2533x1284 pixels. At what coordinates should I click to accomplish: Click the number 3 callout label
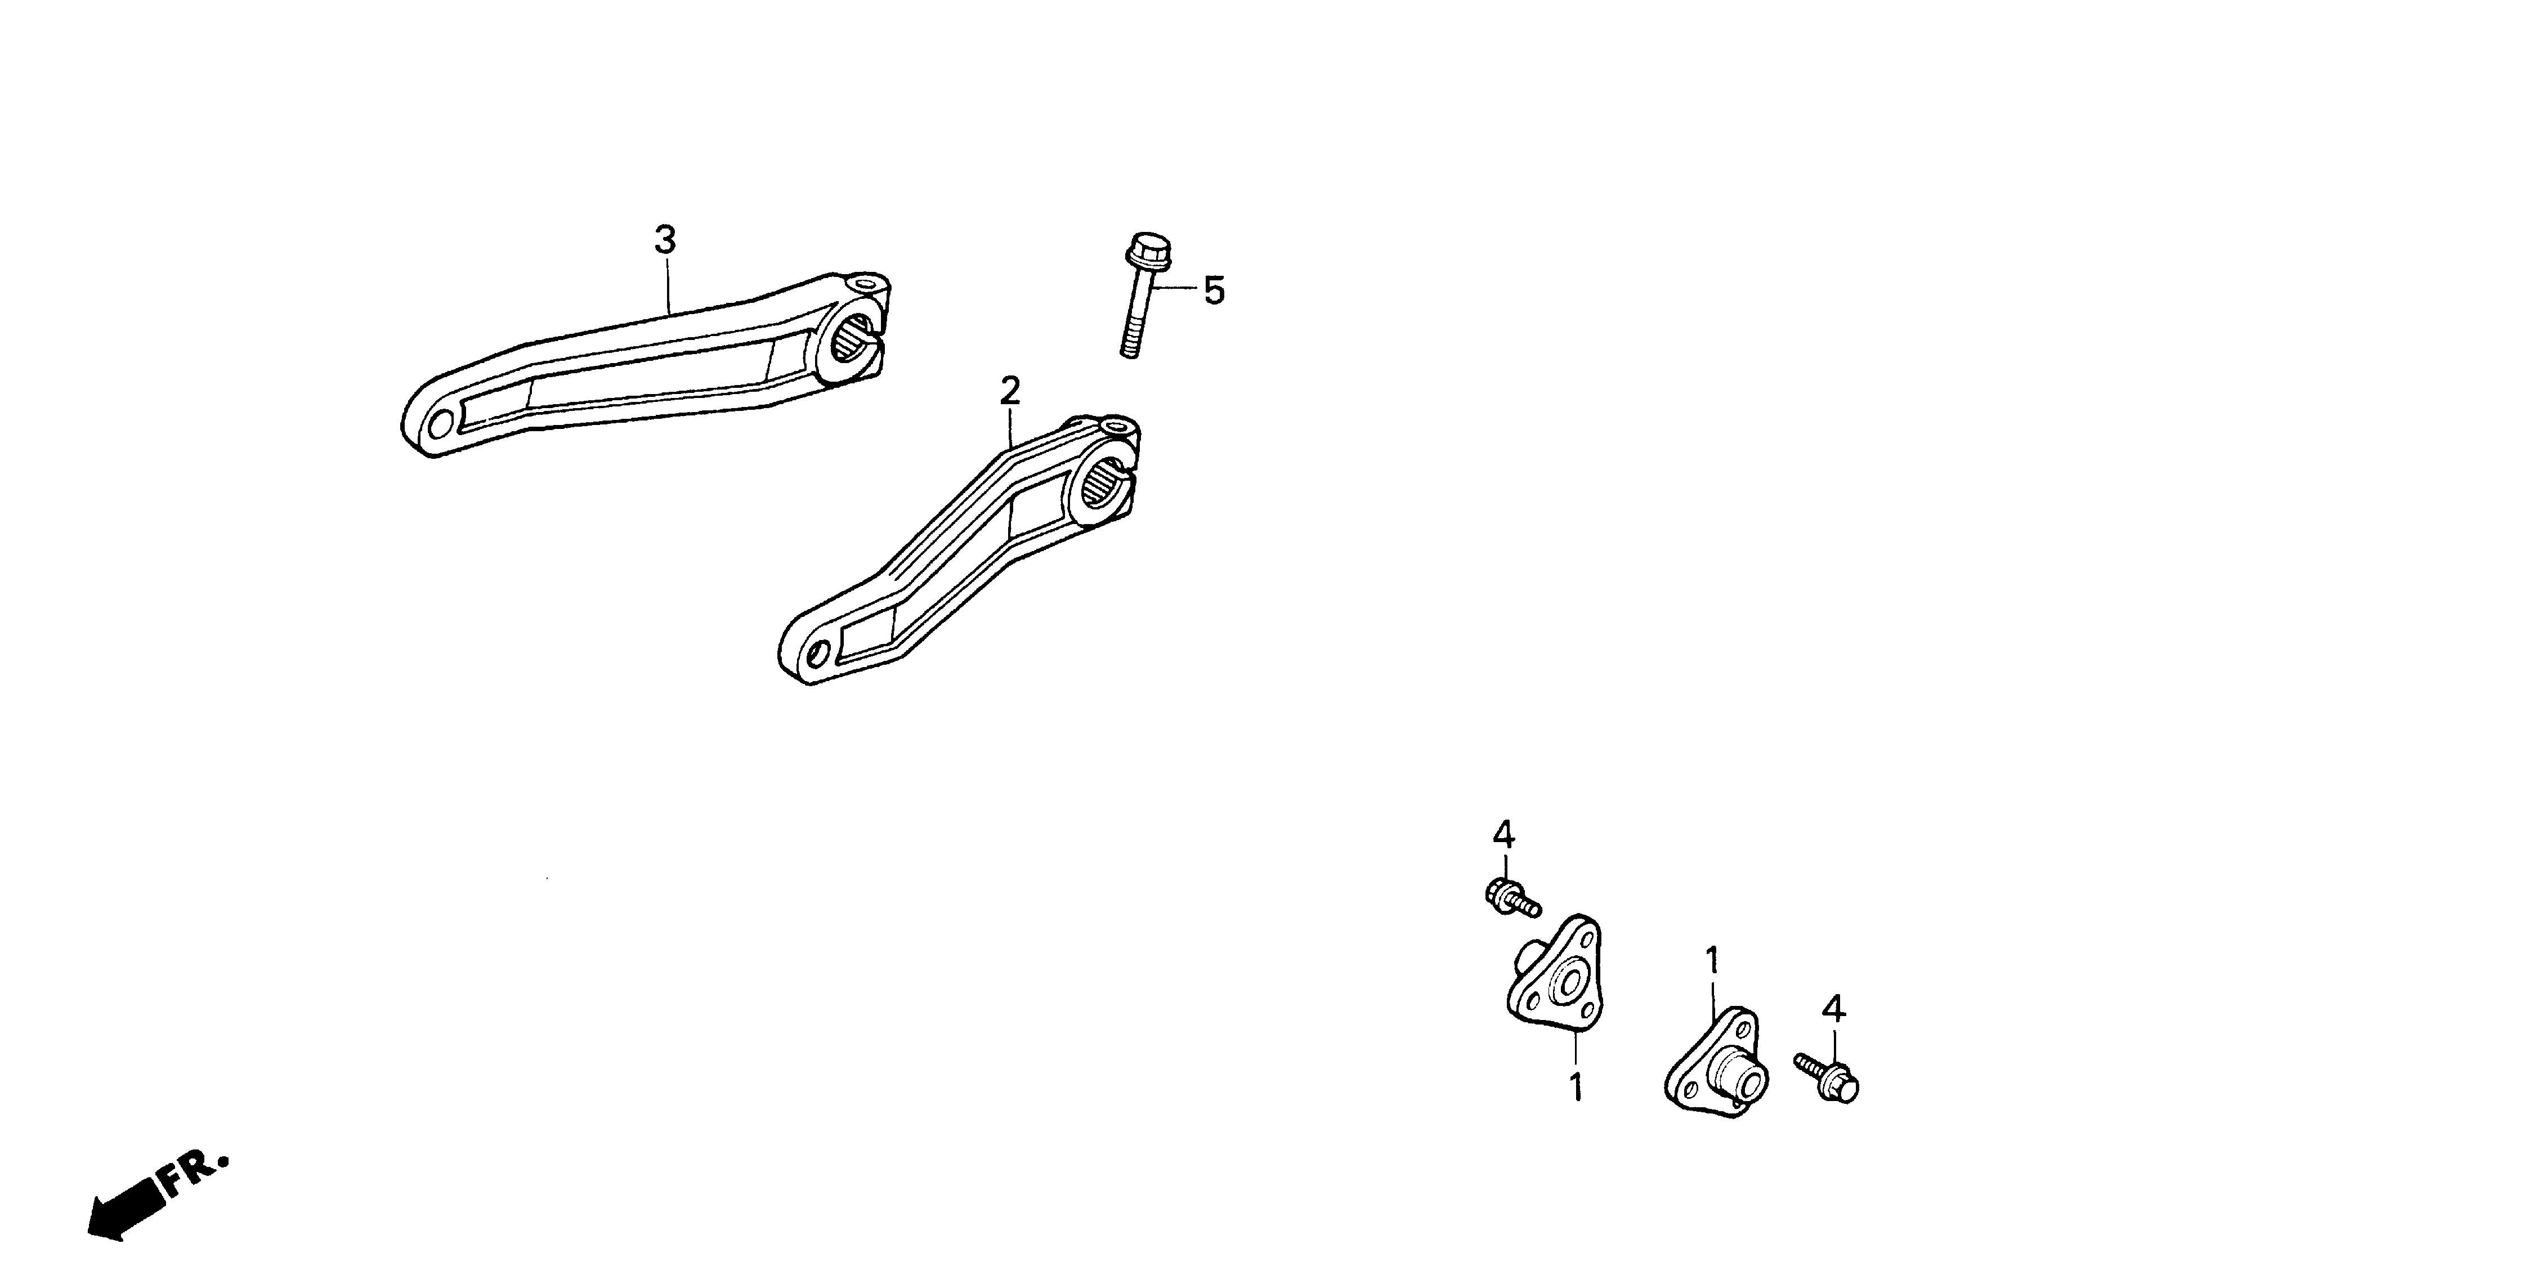point(666,239)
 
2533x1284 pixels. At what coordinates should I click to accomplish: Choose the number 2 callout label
point(1010,391)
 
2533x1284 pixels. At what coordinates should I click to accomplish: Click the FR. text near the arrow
point(194,1175)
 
